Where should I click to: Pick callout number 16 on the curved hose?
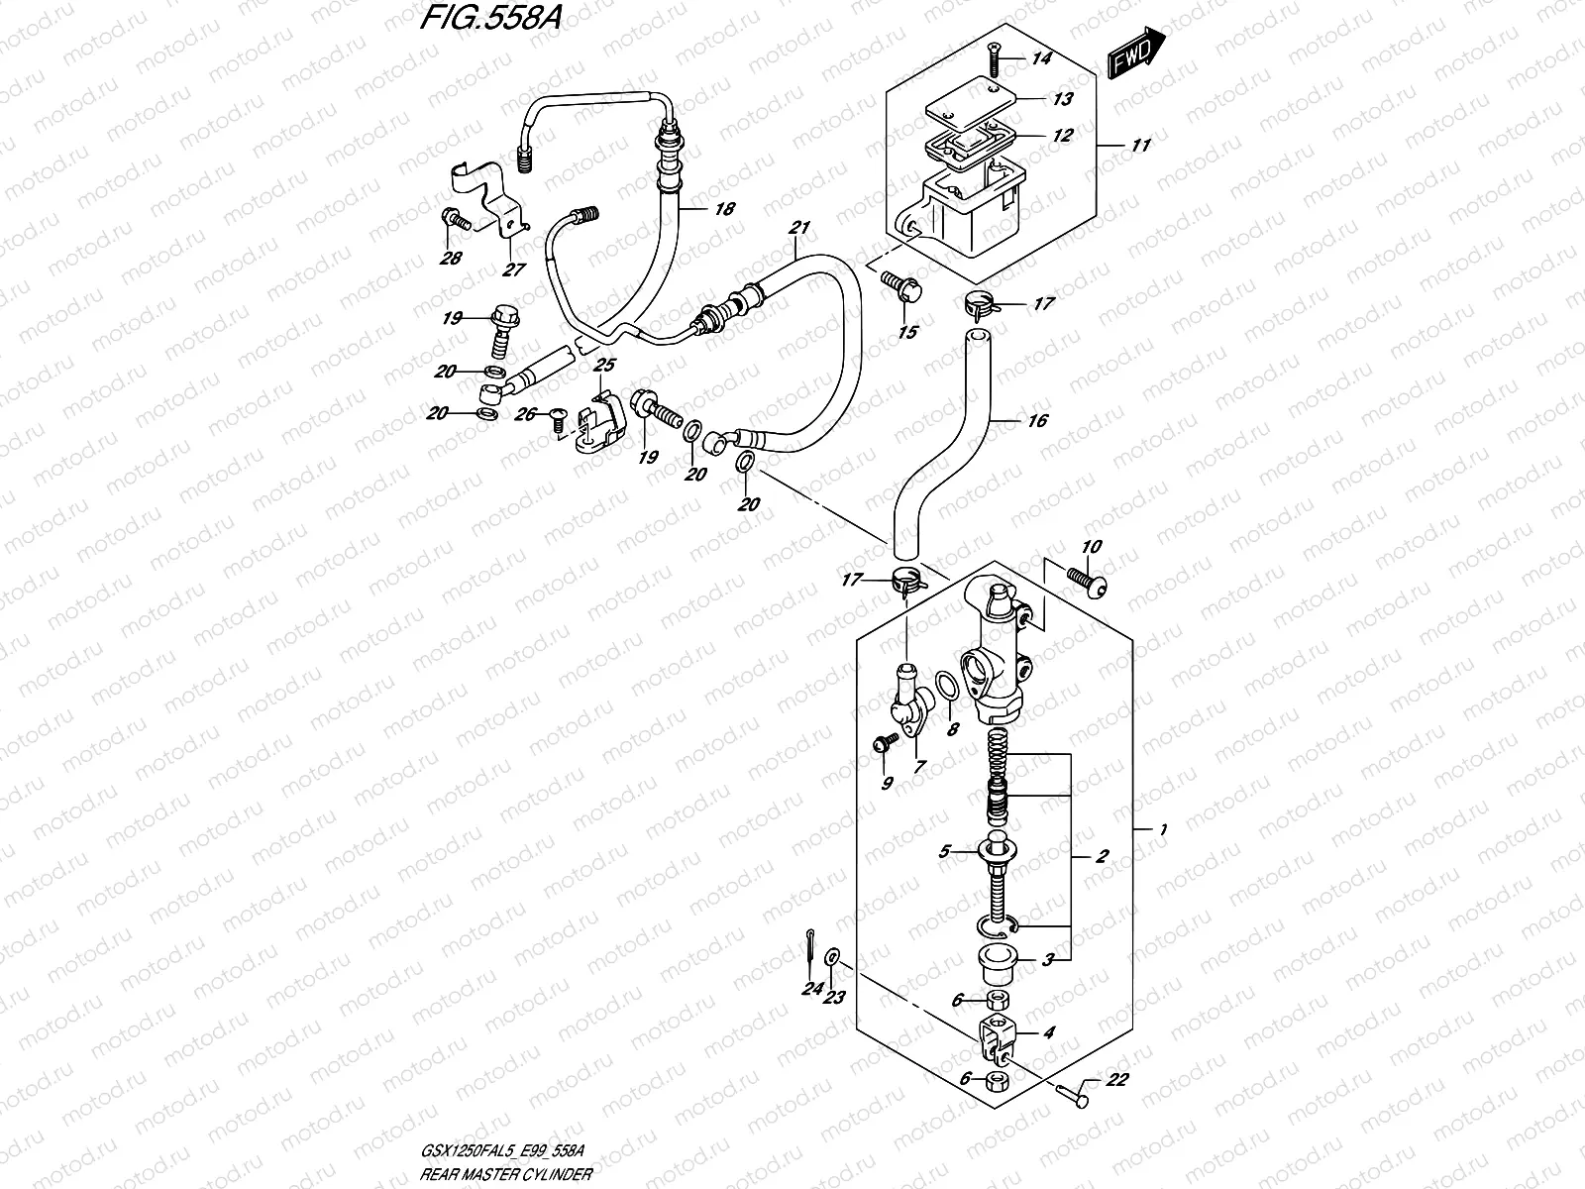click(1036, 421)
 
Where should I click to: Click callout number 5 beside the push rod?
click(945, 850)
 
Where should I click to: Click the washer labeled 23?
click(834, 958)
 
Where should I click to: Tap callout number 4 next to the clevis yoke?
click(1048, 1032)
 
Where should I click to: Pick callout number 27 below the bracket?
click(513, 270)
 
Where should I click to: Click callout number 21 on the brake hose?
click(798, 229)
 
